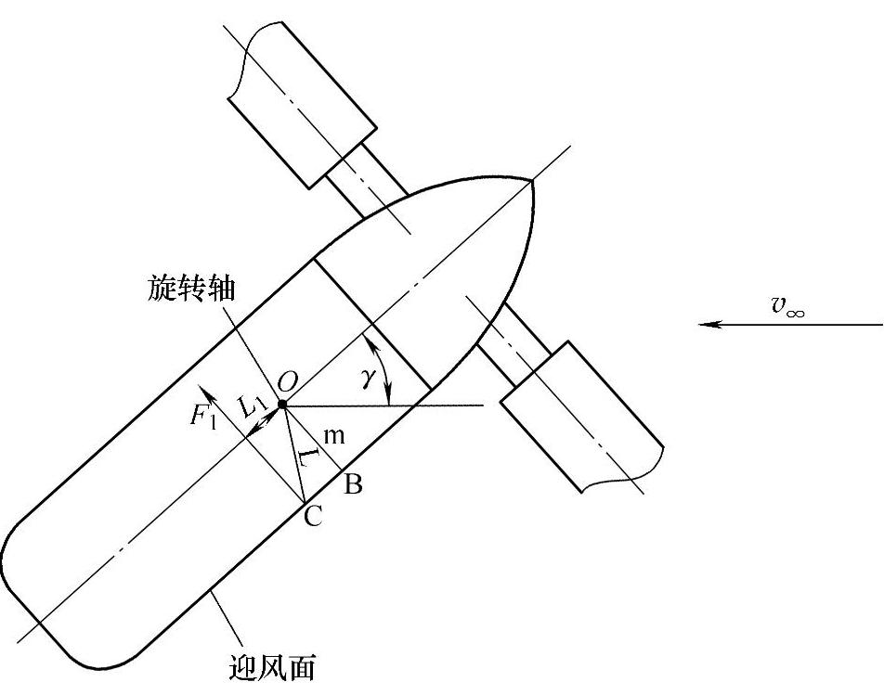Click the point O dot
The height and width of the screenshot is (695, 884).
point(281,405)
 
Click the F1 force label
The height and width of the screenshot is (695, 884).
point(203,415)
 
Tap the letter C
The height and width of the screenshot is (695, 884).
point(313,517)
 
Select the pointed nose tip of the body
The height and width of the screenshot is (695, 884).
point(534,177)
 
